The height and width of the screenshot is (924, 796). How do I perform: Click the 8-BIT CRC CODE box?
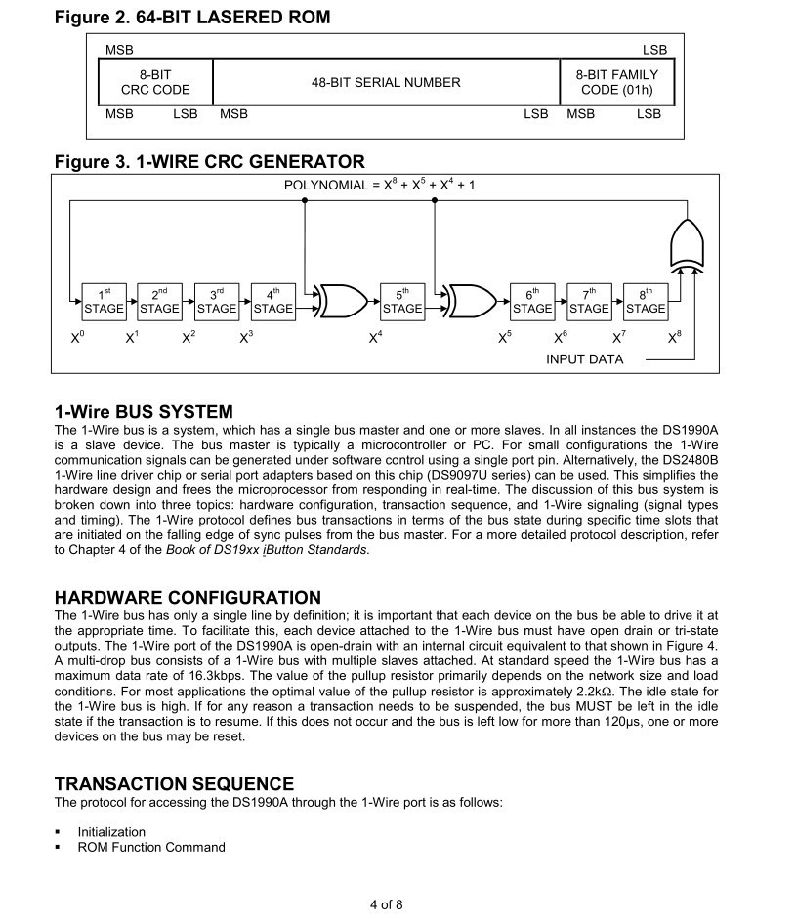155,82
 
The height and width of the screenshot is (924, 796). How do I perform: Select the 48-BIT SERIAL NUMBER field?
386,82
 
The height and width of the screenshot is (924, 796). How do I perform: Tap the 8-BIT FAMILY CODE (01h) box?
616,82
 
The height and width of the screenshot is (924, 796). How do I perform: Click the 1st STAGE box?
105,301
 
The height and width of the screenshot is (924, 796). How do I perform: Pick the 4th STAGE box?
273,301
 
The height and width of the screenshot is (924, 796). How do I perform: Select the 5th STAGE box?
402,301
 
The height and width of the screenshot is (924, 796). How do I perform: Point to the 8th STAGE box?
646,301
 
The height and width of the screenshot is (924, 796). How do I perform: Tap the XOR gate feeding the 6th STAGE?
474,301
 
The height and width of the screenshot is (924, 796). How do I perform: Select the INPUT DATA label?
584,359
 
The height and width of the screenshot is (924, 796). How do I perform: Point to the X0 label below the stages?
77,338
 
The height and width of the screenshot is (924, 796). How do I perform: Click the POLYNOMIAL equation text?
379,184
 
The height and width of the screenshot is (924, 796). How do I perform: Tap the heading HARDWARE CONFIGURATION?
188,597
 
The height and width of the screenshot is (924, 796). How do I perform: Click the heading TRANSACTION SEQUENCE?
174,783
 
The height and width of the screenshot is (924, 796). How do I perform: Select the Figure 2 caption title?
192,17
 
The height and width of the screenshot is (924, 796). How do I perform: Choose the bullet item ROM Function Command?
151,847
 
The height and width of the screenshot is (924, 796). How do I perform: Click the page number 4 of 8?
386,903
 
